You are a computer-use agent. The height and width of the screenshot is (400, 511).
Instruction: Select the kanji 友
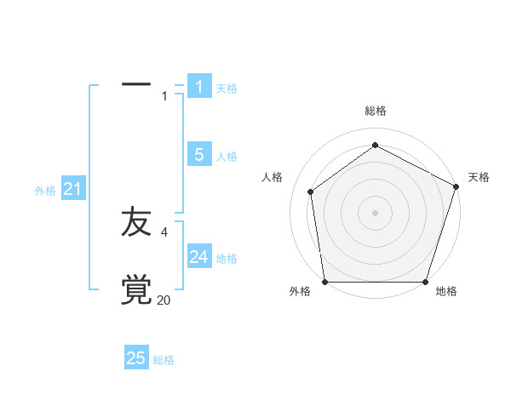pos(136,222)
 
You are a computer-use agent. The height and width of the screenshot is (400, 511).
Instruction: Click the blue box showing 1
pos(199,86)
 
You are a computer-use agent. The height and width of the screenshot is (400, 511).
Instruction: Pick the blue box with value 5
pos(199,155)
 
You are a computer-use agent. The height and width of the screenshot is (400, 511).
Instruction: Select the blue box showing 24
pos(199,257)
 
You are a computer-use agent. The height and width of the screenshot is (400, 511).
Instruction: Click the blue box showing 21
pos(72,189)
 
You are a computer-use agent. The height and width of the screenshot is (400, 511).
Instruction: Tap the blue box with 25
pos(136,358)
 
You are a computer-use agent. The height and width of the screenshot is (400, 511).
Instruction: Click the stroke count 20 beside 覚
pos(164,300)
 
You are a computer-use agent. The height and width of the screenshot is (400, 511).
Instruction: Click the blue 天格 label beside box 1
pos(227,89)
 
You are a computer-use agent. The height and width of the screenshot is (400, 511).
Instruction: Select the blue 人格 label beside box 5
pos(227,157)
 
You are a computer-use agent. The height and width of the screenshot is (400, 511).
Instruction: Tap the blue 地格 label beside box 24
pos(227,259)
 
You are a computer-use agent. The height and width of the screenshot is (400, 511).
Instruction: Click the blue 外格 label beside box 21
pos(45,191)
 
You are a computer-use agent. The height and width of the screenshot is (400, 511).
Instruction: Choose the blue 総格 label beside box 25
pos(164,361)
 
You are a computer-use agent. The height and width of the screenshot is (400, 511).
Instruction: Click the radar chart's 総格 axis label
pos(375,111)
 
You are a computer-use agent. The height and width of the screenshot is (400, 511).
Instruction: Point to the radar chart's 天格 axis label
pos(479,177)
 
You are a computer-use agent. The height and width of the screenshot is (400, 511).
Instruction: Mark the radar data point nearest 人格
pos(311,191)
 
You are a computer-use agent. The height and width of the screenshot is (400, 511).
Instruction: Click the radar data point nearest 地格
pos(425,282)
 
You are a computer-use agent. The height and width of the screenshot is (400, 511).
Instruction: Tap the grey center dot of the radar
pos(375,212)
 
